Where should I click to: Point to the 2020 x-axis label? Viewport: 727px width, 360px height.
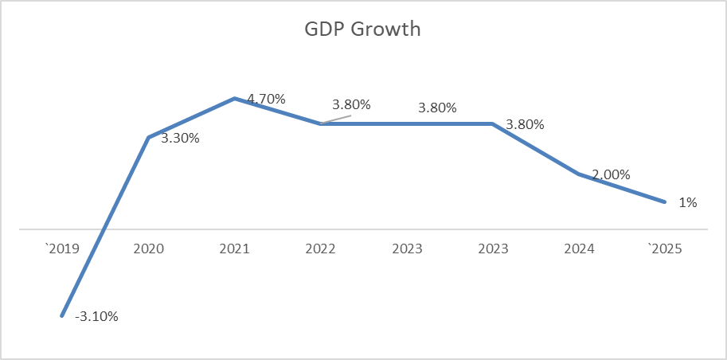(x=149, y=248)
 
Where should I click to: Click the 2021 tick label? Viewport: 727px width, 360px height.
(x=235, y=248)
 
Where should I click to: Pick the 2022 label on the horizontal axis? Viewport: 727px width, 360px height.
(x=321, y=248)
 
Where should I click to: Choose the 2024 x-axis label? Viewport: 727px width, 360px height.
(x=579, y=248)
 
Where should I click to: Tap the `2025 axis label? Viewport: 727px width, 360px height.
(x=664, y=248)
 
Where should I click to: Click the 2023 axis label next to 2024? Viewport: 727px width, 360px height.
(x=493, y=248)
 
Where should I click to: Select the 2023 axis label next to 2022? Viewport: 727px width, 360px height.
(x=407, y=248)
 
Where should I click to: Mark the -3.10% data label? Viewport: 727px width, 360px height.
(x=96, y=317)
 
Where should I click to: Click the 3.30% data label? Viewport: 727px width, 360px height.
(x=180, y=139)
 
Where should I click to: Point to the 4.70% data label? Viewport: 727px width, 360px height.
(x=266, y=99)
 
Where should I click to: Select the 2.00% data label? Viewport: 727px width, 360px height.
(x=611, y=174)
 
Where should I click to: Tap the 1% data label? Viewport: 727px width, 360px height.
(x=688, y=202)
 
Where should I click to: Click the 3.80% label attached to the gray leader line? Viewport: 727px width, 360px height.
(x=352, y=104)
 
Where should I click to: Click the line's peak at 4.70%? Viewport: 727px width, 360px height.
(x=235, y=99)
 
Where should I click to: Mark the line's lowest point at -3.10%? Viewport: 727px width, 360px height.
(x=62, y=316)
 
